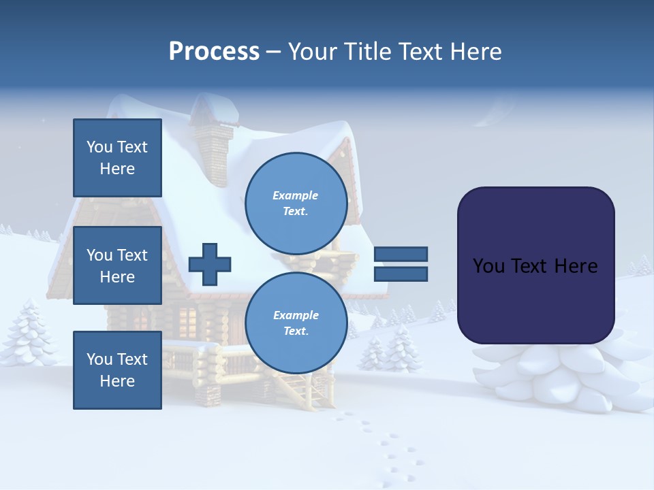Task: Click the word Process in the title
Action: (214, 52)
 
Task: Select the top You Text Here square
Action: (117, 158)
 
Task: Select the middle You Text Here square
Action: (117, 265)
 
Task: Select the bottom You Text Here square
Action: (117, 370)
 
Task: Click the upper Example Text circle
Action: (296, 203)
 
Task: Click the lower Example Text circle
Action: (296, 323)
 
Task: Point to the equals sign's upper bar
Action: (401, 255)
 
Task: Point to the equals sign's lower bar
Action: (401, 274)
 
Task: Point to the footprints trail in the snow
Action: (381, 442)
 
